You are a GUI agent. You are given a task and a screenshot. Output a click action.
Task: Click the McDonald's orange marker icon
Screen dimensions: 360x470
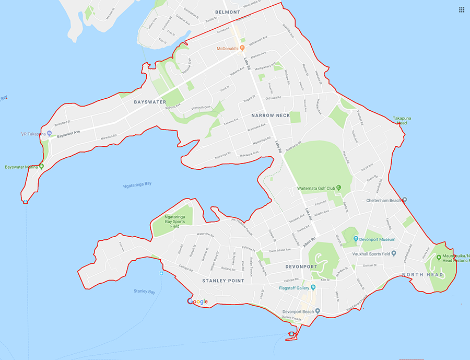pyautogui.click(x=243, y=49)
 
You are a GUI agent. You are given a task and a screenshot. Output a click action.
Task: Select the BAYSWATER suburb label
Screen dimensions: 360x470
pyautogui.click(x=149, y=102)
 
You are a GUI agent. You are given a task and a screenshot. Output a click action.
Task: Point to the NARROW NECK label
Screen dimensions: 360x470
pyautogui.click(x=270, y=115)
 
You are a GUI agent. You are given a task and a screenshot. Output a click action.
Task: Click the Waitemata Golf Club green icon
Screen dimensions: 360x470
pyautogui.click(x=338, y=188)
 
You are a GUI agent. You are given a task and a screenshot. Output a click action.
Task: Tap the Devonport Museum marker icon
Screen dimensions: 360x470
pyautogui.click(x=356, y=239)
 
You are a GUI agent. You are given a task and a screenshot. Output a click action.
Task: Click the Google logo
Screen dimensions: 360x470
pyautogui.click(x=197, y=301)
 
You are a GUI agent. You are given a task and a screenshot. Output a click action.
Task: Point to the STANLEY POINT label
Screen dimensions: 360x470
pyautogui.click(x=223, y=281)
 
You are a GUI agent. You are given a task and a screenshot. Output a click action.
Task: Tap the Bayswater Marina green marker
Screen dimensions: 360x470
pyautogui.click(x=41, y=167)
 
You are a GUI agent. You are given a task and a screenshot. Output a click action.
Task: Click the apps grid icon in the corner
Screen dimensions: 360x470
pyautogui.click(x=462, y=10)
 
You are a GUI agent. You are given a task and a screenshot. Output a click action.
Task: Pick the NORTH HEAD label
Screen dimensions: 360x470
pyautogui.click(x=422, y=275)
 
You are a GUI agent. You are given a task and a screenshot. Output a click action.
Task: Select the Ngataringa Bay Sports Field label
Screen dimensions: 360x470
pyautogui.click(x=172, y=221)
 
